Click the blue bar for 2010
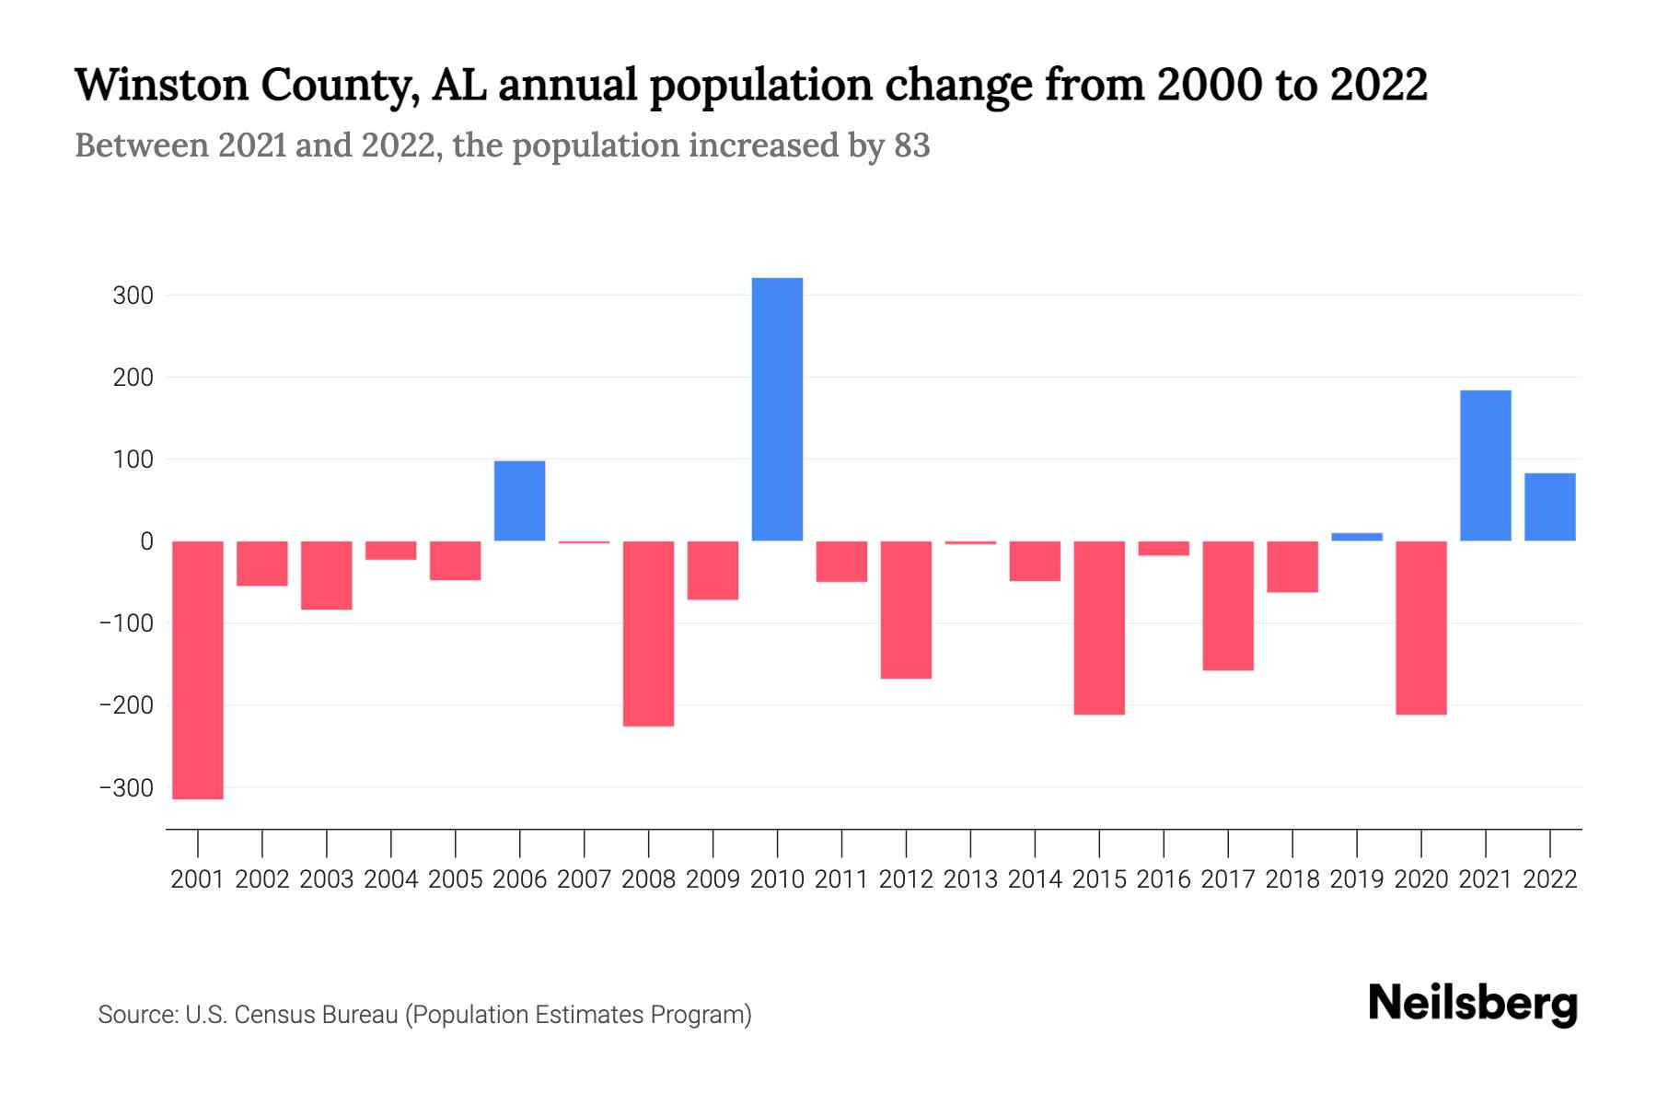[777, 409]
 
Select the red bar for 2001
[198, 669]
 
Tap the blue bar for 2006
[519, 500]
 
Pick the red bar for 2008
[648, 634]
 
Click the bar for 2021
[1485, 465]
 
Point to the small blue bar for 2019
[1356, 537]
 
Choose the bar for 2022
[1549, 506]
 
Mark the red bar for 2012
[906, 610]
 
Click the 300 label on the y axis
[133, 296]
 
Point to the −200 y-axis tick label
[126, 705]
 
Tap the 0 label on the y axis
[146, 541]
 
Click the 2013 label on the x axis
[970, 879]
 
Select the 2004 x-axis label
[391, 879]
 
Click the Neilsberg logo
[1472, 1004]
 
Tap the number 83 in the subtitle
[911, 145]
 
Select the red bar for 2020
[1420, 627]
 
